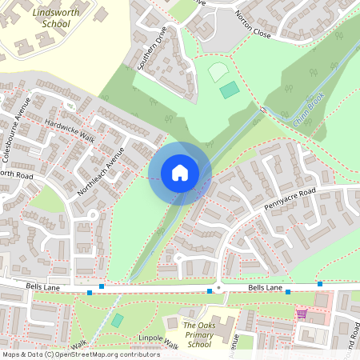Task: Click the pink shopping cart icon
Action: tap(302, 314)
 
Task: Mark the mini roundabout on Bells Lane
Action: tap(218, 288)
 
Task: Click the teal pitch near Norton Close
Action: tap(230, 90)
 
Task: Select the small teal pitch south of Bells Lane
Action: tap(118, 320)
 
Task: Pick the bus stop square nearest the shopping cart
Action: tap(288, 293)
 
